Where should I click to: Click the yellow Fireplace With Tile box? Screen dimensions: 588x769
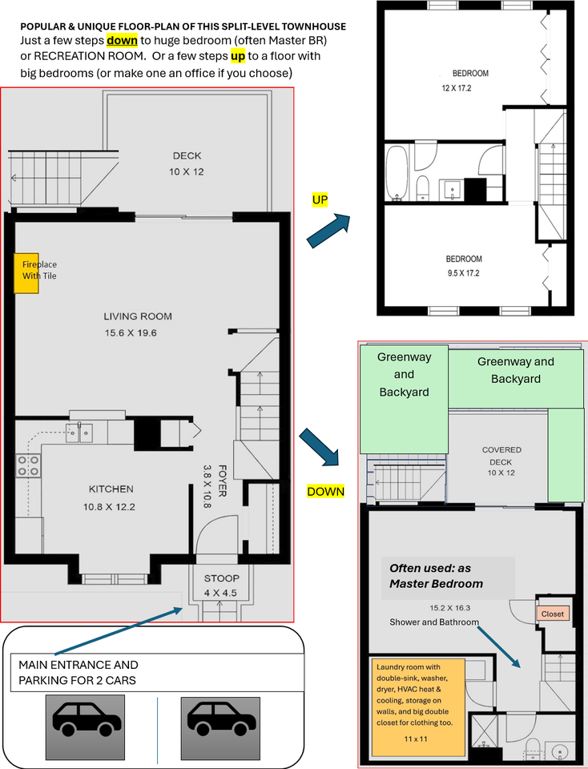click(26, 273)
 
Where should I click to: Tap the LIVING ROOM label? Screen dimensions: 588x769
click(138, 316)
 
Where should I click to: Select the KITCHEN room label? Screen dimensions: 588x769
click(111, 489)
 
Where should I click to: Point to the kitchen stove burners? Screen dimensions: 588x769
click(28, 466)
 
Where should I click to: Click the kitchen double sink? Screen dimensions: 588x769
click(79, 433)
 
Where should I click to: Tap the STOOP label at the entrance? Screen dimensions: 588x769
click(222, 578)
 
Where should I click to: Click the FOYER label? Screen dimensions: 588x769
click(222, 481)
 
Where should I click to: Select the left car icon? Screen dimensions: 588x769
click(85, 719)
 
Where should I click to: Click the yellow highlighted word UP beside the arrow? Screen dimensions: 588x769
click(320, 199)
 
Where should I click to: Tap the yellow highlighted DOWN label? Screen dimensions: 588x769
click(325, 491)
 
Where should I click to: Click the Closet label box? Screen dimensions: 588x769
click(553, 614)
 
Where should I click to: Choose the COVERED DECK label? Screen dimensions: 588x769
click(501, 456)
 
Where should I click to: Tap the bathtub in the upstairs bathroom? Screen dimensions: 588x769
click(397, 173)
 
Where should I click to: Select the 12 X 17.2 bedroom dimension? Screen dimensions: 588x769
click(456, 88)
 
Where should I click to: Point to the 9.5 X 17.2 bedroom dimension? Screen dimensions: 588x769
click(464, 273)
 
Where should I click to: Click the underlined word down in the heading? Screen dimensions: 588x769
click(122, 40)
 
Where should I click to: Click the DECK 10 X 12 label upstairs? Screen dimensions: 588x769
click(187, 163)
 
